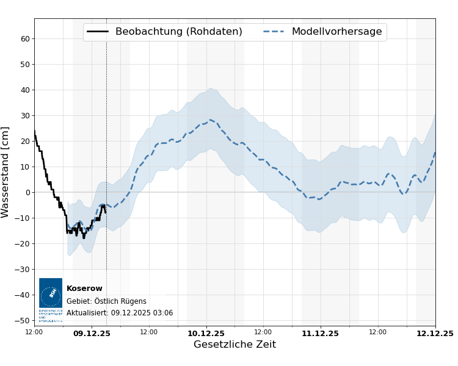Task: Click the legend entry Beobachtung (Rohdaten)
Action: [x=178, y=32]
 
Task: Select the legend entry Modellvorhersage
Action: [x=336, y=32]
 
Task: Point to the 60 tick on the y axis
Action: [x=26, y=38]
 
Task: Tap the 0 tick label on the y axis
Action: [x=27, y=192]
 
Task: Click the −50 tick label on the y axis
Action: [x=23, y=320]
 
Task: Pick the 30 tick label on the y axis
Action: [x=26, y=115]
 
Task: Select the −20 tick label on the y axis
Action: [x=23, y=243]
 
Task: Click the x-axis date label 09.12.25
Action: [x=92, y=334]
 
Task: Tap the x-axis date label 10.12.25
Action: [x=206, y=334]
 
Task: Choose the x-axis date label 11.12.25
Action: [x=320, y=334]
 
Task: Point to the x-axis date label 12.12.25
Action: [x=435, y=334]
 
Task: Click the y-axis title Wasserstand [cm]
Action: [x=5, y=172]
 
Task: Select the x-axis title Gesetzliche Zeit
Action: [x=234, y=345]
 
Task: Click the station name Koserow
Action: [x=84, y=289]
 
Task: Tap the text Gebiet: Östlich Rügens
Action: [x=106, y=301]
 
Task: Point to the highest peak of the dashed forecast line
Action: [x=210, y=120]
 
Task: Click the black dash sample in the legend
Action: [x=98, y=32]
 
